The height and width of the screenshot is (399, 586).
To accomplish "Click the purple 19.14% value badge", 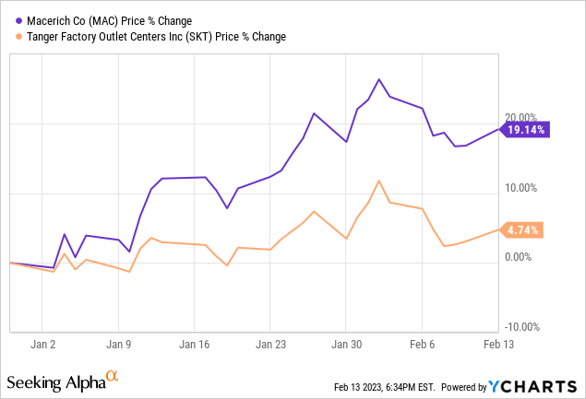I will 526,131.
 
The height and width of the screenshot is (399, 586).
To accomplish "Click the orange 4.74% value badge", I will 523,229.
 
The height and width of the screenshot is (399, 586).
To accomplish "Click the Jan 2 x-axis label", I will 43,344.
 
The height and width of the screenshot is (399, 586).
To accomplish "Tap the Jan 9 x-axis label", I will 118,344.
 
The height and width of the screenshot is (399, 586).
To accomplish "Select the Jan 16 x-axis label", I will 194,344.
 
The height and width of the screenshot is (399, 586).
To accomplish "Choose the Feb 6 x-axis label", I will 422,344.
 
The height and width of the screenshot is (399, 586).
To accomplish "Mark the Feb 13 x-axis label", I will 497,344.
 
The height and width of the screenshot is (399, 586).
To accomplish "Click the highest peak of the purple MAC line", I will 379,80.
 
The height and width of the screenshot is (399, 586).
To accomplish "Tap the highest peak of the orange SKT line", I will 379,181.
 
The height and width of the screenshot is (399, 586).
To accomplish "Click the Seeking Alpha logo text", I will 55,381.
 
